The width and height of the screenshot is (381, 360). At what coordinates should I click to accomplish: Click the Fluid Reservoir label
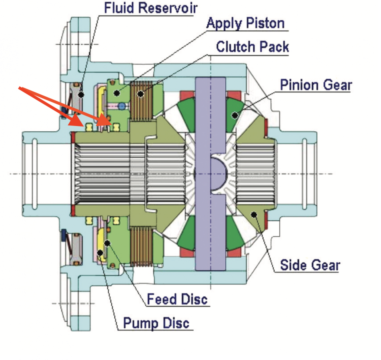point(150,8)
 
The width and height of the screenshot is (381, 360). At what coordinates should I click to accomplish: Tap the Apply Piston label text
point(245,23)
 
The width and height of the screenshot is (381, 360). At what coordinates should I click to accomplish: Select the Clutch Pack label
point(252,47)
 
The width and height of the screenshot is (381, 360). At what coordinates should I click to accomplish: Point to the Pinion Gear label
point(316,85)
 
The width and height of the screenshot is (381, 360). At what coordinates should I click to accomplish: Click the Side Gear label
point(310,265)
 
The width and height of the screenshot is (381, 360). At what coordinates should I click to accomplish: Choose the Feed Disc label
point(177,299)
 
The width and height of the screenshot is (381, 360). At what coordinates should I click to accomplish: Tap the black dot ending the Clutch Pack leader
point(140,94)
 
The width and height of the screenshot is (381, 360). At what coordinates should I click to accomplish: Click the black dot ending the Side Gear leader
point(254,215)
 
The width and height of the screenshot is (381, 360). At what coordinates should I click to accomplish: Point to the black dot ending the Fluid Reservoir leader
point(81,95)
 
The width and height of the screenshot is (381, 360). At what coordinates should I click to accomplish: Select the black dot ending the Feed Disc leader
point(108,242)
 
